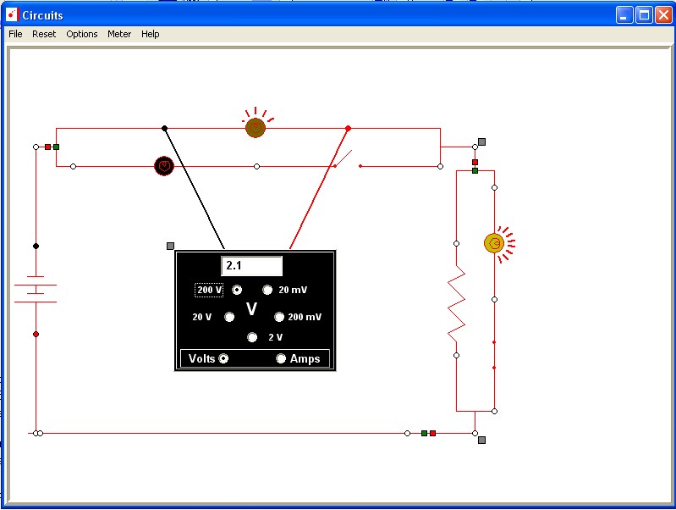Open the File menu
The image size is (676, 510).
(x=15, y=34)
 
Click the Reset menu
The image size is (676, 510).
(x=44, y=34)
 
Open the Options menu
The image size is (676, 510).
(x=82, y=34)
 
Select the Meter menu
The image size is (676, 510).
(x=119, y=34)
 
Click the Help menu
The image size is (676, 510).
(x=151, y=34)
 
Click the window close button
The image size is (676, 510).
(x=664, y=15)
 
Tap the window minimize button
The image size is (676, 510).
(x=624, y=15)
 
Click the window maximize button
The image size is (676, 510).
(x=644, y=15)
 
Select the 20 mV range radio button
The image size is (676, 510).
(x=267, y=290)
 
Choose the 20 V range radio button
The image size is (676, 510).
(x=229, y=318)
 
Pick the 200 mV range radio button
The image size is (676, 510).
(x=279, y=318)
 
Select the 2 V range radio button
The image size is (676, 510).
(x=252, y=337)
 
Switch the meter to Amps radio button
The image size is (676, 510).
(x=281, y=358)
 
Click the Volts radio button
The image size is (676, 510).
(x=223, y=358)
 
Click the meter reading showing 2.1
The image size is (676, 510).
(x=252, y=265)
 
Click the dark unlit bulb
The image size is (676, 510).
(x=164, y=166)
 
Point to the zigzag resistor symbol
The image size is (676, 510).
(x=457, y=303)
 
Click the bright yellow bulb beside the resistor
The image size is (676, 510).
(x=494, y=243)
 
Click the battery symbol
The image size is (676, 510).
(x=36, y=289)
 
